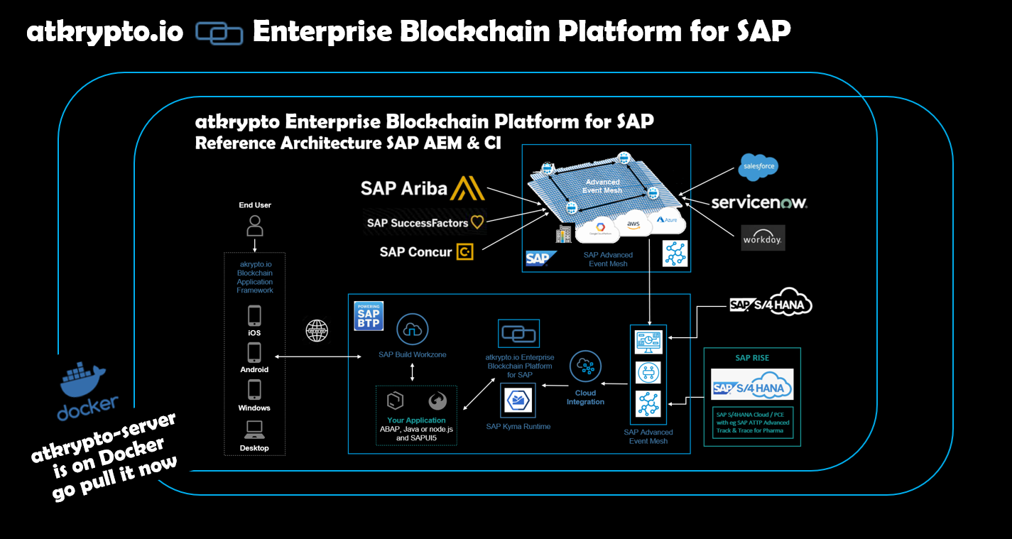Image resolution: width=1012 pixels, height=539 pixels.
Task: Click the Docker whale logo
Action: pyautogui.click(x=82, y=379)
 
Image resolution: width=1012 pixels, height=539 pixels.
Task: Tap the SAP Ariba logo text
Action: pyautogui.click(x=403, y=188)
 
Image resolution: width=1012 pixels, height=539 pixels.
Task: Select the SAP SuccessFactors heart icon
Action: pyautogui.click(x=477, y=222)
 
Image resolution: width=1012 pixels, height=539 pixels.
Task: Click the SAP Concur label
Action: pyautogui.click(x=415, y=251)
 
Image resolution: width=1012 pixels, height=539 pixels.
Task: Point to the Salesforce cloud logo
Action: pyautogui.click(x=758, y=167)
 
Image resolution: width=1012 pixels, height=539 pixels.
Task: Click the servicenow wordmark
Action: pyautogui.click(x=759, y=203)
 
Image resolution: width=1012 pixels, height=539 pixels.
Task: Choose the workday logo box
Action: pyautogui.click(x=763, y=239)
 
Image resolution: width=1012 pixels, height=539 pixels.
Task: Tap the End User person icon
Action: pyautogui.click(x=254, y=226)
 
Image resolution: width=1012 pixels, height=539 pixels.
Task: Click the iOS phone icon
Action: pyautogui.click(x=254, y=315)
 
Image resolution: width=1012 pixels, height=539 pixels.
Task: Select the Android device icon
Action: pyautogui.click(x=254, y=353)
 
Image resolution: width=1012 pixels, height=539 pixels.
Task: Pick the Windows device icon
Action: pyautogui.click(x=254, y=390)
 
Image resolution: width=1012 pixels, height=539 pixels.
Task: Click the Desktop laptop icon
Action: pyautogui.click(x=254, y=429)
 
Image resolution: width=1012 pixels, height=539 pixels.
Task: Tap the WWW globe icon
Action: pyautogui.click(x=317, y=331)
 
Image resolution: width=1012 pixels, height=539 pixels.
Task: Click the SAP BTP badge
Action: pyautogui.click(x=369, y=315)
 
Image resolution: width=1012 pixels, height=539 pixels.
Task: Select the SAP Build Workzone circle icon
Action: pyautogui.click(x=413, y=329)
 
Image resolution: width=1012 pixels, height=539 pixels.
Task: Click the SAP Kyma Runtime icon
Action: pyautogui.click(x=518, y=401)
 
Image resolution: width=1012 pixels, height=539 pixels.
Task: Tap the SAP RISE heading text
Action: pyautogui.click(x=751, y=357)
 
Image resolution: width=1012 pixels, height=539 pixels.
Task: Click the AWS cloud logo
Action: pyautogui.click(x=633, y=224)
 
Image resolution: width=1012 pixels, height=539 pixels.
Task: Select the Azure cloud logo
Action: pyautogui.click(x=668, y=219)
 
